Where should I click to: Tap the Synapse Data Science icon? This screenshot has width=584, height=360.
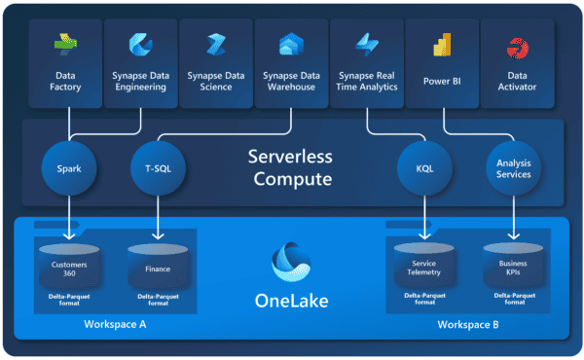[216, 45]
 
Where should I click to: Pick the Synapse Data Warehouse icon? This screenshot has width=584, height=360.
[290, 45]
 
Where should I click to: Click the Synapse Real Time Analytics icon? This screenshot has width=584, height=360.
[366, 45]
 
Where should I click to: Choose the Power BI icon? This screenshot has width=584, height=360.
[443, 45]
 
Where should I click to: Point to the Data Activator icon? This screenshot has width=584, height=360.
[516, 46]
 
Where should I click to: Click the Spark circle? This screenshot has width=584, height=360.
[69, 166]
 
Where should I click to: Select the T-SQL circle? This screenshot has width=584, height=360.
[157, 166]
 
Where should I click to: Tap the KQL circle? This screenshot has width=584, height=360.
[424, 166]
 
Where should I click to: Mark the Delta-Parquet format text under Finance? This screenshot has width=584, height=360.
[157, 299]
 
